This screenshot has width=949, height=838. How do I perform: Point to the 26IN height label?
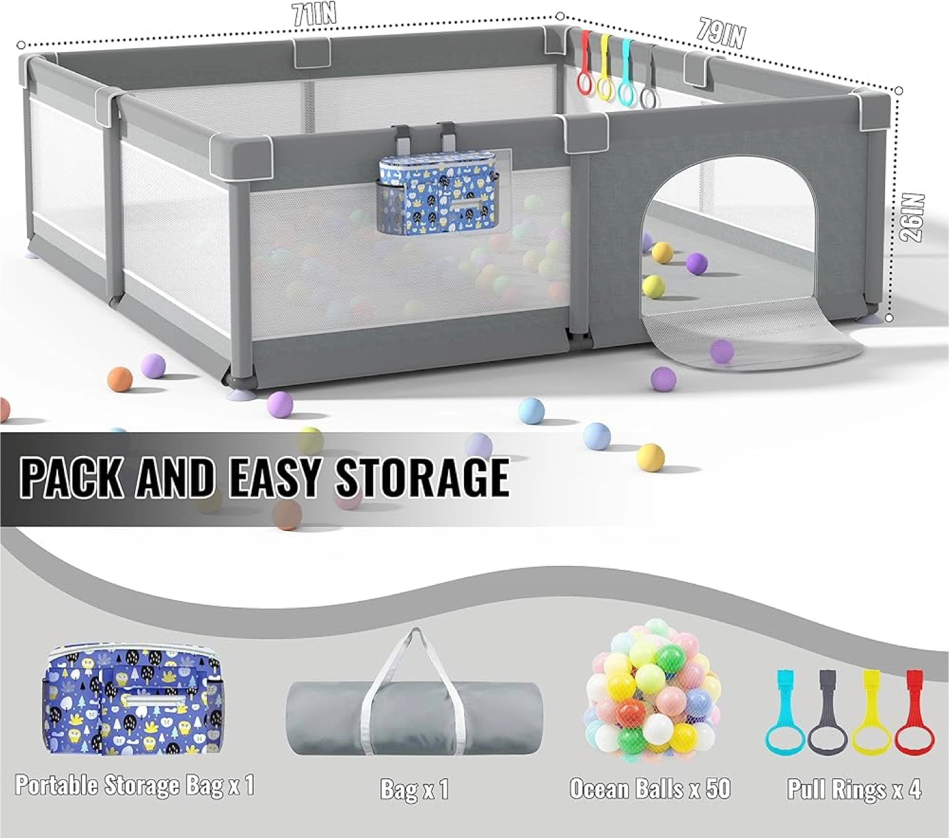(914, 217)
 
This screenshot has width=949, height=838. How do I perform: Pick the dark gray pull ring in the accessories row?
(829, 717)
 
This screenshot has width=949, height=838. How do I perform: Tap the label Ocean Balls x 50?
(650, 789)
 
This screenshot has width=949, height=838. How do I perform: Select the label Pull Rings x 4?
(854, 789)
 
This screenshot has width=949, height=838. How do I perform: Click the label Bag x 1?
(414, 789)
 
